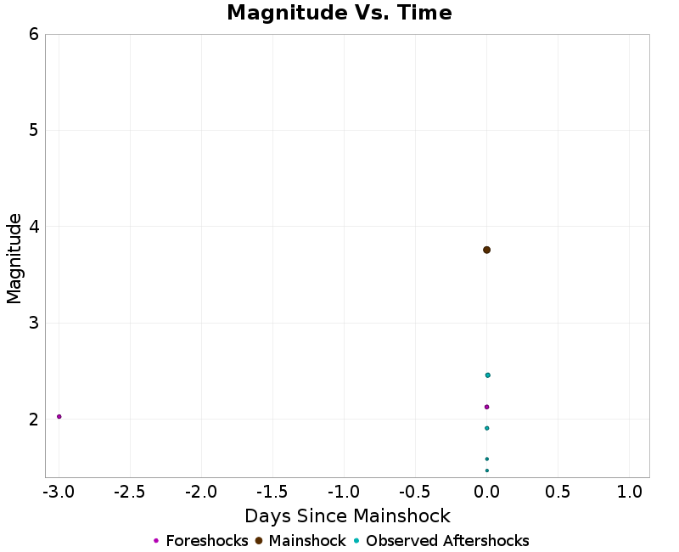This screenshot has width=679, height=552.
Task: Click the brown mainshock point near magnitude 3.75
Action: tap(486, 250)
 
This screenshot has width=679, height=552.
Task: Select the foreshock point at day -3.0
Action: tap(59, 416)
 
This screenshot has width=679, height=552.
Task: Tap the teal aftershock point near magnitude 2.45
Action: tap(487, 375)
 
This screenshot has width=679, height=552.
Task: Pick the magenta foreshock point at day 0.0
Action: tap(486, 407)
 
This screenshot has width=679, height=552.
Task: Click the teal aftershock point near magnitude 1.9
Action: tap(486, 428)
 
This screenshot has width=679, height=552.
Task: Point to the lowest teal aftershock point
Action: tap(486, 470)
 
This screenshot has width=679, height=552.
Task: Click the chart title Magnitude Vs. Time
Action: tap(339, 13)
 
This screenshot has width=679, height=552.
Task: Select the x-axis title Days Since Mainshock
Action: tap(347, 515)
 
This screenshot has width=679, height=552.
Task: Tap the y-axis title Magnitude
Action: tap(14, 258)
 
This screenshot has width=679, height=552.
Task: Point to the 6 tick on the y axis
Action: tap(33, 34)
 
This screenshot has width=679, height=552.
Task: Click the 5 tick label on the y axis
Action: tap(33, 130)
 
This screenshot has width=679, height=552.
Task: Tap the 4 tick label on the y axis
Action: tap(33, 227)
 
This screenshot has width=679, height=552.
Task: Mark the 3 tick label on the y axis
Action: tap(33, 323)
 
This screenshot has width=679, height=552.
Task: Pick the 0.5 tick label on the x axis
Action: tap(558, 492)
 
